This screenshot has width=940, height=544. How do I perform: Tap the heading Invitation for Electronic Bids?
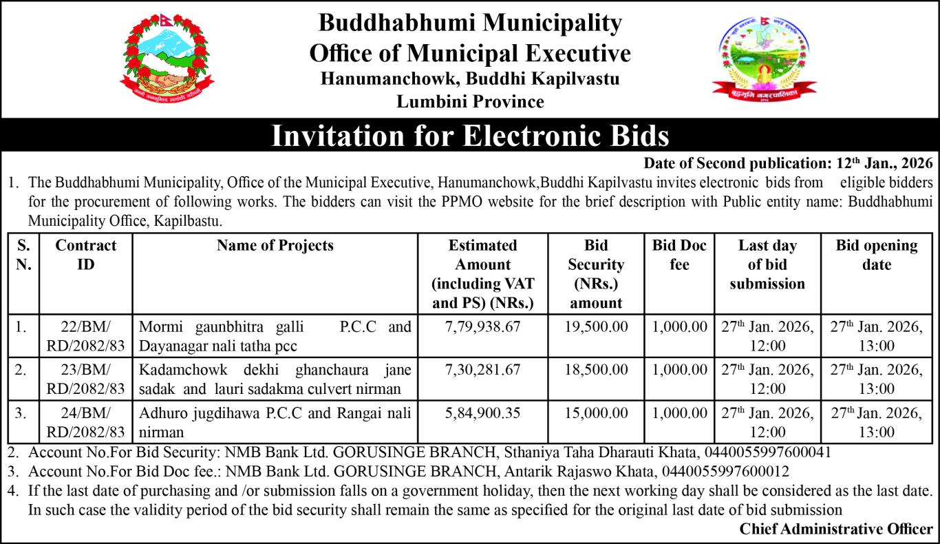(x=470, y=135)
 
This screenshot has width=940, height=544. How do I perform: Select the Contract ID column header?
(x=85, y=255)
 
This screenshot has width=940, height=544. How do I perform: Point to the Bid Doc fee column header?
(x=679, y=255)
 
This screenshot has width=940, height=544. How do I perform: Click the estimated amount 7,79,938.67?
(x=482, y=326)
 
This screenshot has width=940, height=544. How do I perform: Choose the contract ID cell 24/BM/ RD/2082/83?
(x=85, y=422)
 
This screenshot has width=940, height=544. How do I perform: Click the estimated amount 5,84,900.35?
(x=482, y=413)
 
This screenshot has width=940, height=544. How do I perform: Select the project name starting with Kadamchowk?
(x=275, y=379)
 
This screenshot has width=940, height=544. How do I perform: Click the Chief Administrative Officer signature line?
(x=836, y=529)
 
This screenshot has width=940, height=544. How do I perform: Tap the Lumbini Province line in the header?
(x=470, y=102)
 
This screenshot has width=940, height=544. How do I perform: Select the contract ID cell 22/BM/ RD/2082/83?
(x=85, y=335)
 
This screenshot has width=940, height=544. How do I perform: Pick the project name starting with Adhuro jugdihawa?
(x=275, y=422)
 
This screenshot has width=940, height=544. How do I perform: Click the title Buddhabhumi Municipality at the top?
(x=470, y=23)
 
